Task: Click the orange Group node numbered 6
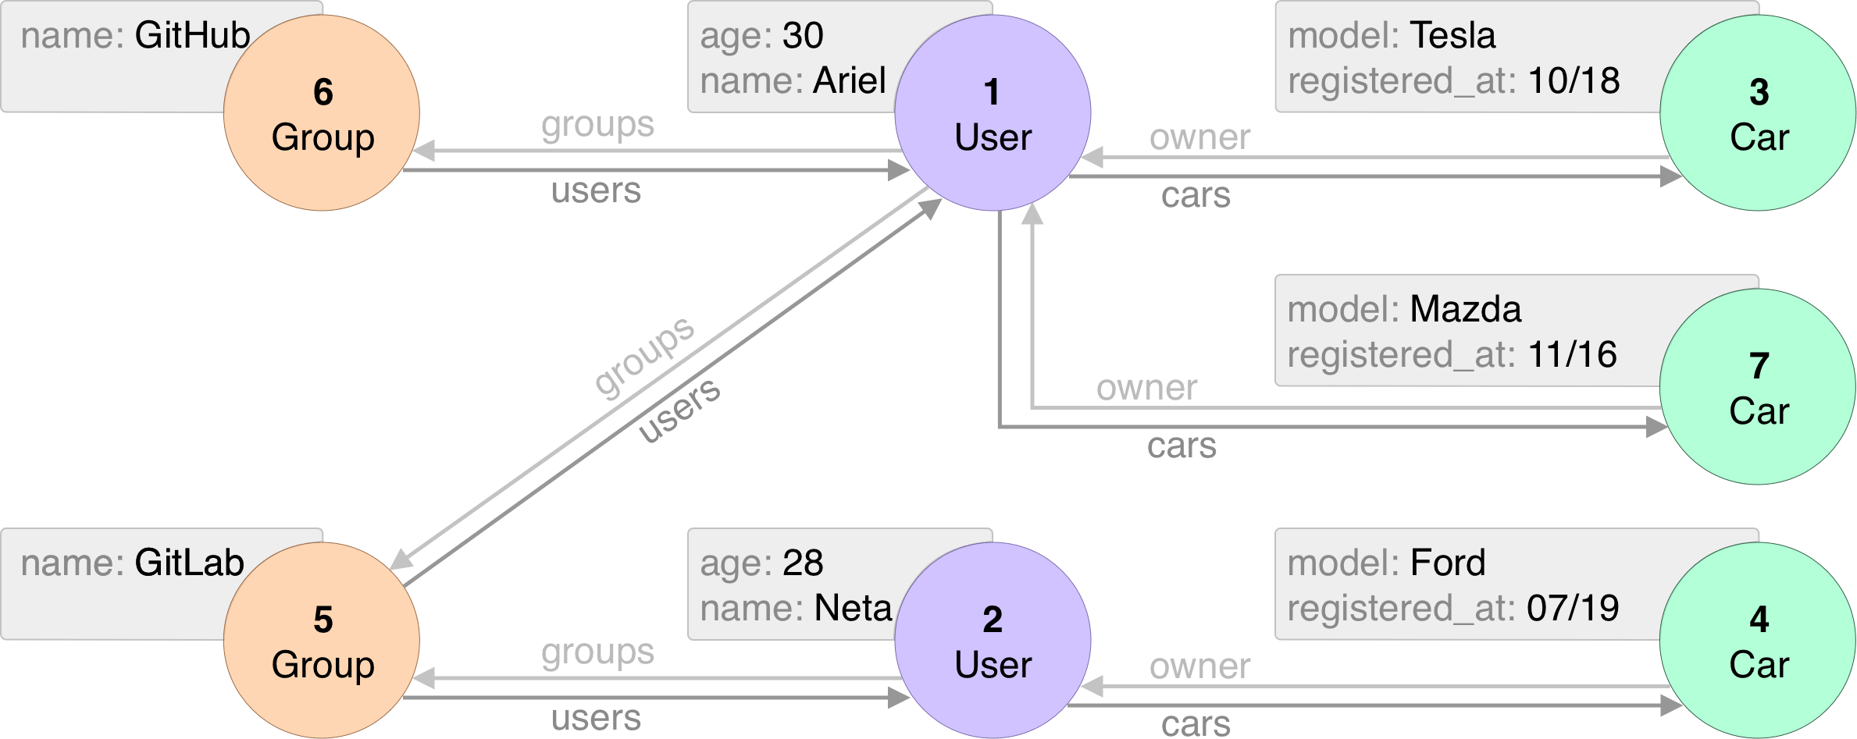322,113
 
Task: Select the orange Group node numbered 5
322,641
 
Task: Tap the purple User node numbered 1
993,113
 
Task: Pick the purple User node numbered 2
993,641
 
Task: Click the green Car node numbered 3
1758,113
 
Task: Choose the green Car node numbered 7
1758,387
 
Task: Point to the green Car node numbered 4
1758,641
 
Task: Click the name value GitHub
192,36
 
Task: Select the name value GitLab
189,563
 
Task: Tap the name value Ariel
850,81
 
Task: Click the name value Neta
853,609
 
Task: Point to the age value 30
803,36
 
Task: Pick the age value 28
803,563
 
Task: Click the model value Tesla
1452,36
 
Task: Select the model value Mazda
1466,310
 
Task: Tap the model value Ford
1448,563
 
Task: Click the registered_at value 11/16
1572,355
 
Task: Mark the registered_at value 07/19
1573,609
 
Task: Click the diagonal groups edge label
644,357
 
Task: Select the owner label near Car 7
1146,388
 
